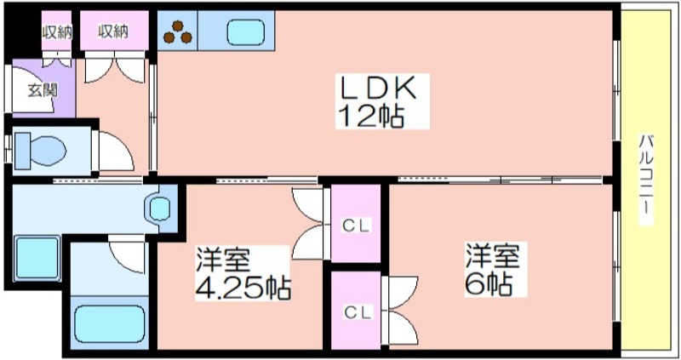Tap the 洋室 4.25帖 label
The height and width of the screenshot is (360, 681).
point(243,274)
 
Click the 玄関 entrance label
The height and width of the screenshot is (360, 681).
point(43,90)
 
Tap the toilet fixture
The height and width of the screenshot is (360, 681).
point(40,151)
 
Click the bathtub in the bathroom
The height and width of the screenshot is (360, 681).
point(109,323)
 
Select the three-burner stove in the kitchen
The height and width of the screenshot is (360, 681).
point(178,32)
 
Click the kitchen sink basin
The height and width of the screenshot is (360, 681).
point(246,33)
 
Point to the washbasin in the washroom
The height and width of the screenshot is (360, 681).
point(159,209)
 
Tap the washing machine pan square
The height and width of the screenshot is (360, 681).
point(37,259)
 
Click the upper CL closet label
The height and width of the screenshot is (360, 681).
point(356,226)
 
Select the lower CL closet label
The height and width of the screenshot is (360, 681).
point(358,312)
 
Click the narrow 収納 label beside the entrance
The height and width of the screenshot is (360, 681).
point(57,32)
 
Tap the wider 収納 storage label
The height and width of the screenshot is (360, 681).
point(113,31)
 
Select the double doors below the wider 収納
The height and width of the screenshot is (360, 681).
point(114,70)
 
